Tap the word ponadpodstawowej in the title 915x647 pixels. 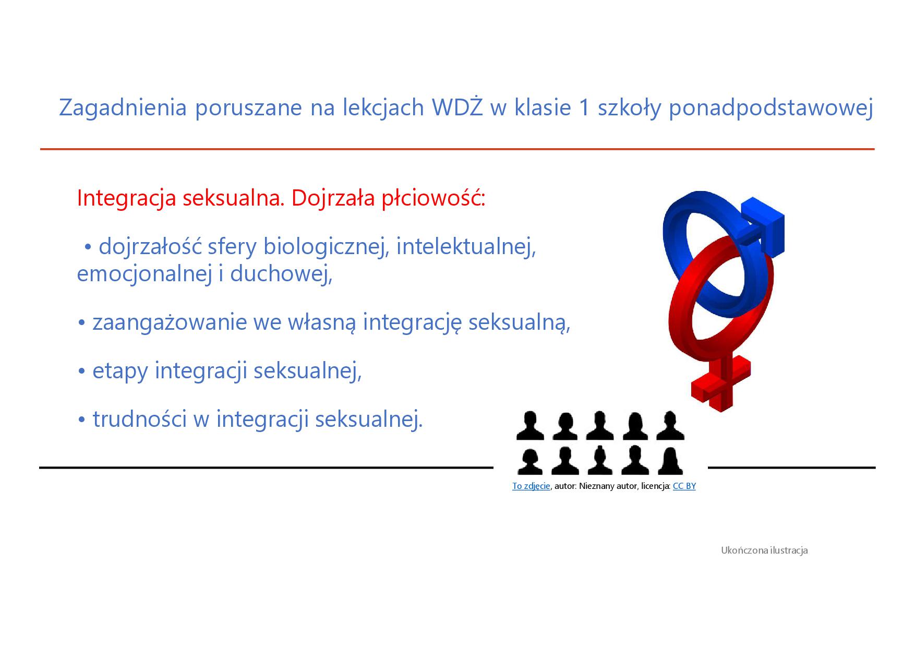click(x=771, y=108)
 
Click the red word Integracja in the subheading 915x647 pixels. click(x=126, y=199)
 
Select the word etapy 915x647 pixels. click(x=120, y=371)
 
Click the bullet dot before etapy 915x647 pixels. click(x=81, y=372)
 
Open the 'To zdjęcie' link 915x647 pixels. click(x=531, y=486)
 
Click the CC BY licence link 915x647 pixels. click(x=684, y=486)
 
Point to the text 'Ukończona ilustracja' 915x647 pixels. click(x=764, y=550)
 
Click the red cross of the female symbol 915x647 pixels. click(x=721, y=383)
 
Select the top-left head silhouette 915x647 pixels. click(x=529, y=426)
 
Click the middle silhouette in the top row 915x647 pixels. click(x=600, y=426)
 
